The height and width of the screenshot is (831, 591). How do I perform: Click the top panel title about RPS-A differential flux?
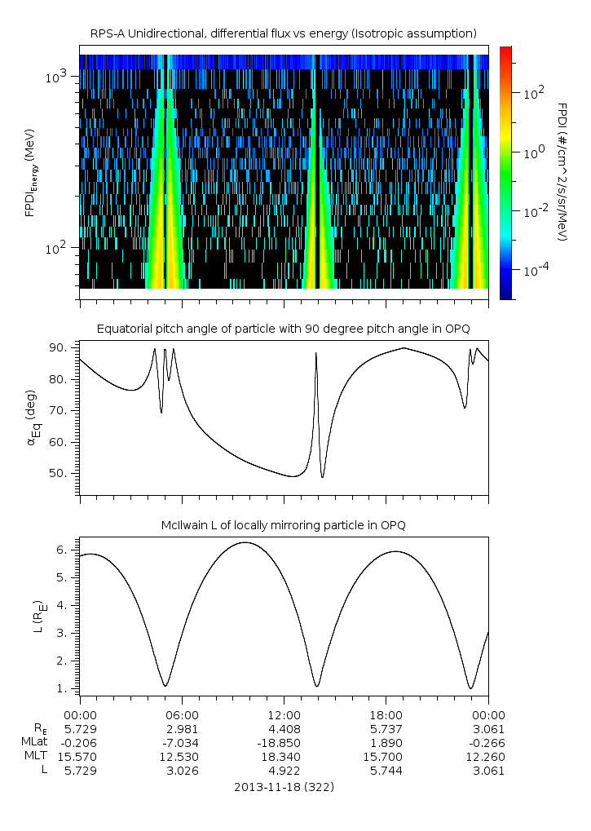pyautogui.click(x=283, y=33)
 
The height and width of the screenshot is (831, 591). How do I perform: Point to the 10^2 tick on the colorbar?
pyautogui.click(x=534, y=93)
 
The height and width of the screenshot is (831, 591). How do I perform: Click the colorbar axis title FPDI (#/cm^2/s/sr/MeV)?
pyautogui.click(x=562, y=172)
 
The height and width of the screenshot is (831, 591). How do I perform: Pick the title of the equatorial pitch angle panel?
pyautogui.click(x=283, y=329)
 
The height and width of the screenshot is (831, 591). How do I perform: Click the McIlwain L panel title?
pyautogui.click(x=283, y=525)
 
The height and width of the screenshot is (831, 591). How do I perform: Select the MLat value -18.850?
pyautogui.click(x=284, y=743)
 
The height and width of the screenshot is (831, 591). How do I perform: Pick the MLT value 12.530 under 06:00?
pyautogui.click(x=182, y=757)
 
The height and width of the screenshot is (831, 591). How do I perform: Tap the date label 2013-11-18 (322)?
pyautogui.click(x=284, y=788)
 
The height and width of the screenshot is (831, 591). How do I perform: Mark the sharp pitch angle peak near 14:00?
pyautogui.click(x=316, y=353)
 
